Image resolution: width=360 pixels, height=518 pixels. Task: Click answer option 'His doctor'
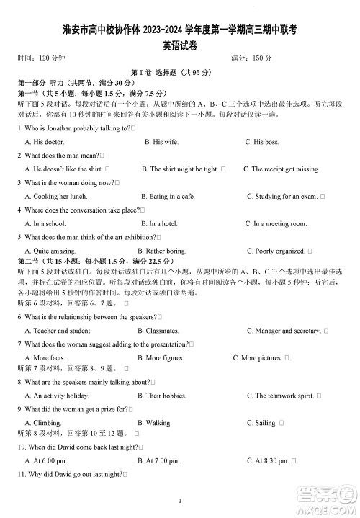44,142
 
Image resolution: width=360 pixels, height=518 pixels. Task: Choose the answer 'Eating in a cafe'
168,196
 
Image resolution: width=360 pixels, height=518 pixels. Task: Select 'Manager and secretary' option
287,331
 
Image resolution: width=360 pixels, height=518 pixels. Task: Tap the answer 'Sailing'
266,423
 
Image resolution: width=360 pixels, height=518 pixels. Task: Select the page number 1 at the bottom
180,501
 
